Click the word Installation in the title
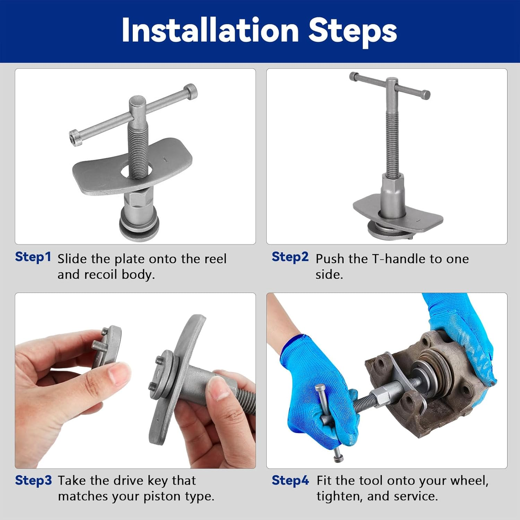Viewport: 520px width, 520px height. click(210, 31)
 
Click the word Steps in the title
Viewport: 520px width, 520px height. click(353, 32)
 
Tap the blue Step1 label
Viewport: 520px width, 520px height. click(33, 257)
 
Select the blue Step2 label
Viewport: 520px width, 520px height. click(290, 257)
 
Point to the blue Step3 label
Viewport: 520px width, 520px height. click(33, 480)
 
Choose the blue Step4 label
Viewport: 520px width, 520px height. click(290, 480)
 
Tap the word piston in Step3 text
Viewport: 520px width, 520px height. click(162, 497)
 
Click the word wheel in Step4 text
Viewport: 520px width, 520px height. click(470, 481)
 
